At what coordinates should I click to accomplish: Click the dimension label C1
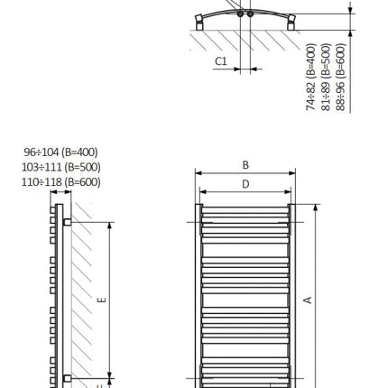click(221, 61)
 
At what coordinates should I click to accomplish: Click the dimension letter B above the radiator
click(245, 165)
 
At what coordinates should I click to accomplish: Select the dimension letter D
click(245, 184)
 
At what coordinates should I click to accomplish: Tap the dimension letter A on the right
click(308, 300)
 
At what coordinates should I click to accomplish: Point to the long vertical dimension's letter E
click(102, 300)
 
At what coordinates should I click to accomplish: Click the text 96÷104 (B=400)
click(60, 152)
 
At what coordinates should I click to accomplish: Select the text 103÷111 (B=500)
click(60, 167)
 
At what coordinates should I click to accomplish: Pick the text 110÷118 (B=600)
click(60, 182)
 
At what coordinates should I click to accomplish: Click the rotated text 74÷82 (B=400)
click(311, 77)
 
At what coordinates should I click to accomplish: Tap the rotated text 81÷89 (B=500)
click(326, 77)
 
